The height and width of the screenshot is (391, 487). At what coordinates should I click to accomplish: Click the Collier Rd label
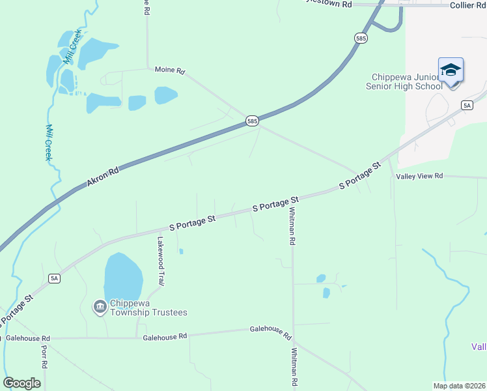point(468,5)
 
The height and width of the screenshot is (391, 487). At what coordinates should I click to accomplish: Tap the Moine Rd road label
point(170,70)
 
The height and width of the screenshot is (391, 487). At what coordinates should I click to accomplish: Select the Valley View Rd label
point(419,176)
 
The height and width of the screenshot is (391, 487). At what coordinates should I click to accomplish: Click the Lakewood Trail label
point(159,260)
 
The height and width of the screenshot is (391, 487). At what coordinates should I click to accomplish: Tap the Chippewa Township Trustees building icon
point(100,306)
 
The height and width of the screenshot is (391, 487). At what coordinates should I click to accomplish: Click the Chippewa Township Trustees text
point(148,308)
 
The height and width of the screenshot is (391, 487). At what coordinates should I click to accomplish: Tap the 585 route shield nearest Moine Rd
point(253,121)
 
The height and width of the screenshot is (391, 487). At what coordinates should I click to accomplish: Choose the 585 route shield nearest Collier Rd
point(361,38)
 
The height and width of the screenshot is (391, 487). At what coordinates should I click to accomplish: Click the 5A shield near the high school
point(467,105)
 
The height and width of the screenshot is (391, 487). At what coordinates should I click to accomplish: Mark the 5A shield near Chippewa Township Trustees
point(55,278)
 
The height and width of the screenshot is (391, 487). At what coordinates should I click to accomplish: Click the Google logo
point(21,383)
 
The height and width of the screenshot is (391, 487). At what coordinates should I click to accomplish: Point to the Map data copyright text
point(459,386)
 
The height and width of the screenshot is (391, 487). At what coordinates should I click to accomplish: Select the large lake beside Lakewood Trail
point(122,276)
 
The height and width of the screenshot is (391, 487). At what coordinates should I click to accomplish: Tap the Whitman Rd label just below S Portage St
point(293,226)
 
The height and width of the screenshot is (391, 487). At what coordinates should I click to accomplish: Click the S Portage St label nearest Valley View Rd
point(359,177)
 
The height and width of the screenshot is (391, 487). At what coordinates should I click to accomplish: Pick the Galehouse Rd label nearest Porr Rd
point(27,338)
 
